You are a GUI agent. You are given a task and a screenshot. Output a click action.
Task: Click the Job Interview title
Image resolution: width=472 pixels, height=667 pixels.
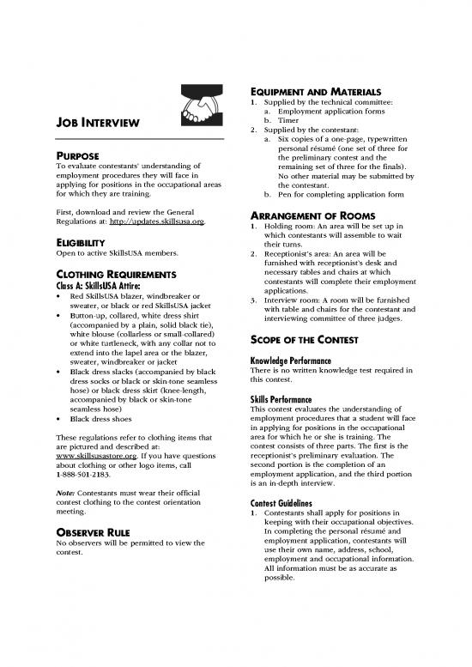[x=98, y=131]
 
